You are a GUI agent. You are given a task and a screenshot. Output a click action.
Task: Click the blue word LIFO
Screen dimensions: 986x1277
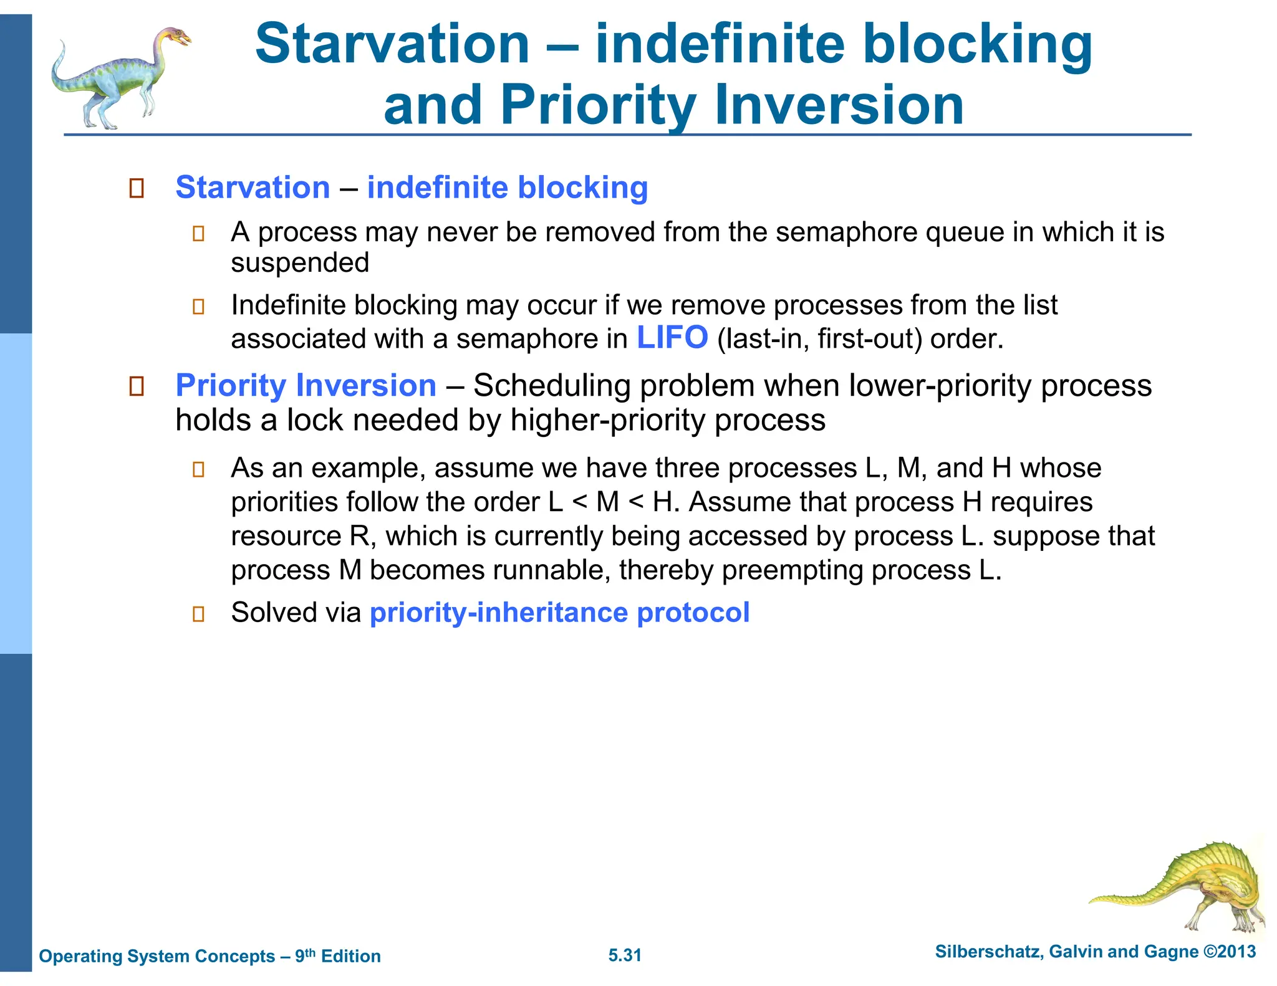point(672,338)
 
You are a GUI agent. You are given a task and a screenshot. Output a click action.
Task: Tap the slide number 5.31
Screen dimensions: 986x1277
point(625,955)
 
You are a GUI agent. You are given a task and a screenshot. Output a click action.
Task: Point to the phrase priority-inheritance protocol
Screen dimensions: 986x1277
point(559,613)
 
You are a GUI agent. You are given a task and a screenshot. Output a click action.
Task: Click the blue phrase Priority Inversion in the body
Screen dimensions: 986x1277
point(306,385)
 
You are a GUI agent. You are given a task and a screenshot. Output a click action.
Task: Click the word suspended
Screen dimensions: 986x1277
point(300,262)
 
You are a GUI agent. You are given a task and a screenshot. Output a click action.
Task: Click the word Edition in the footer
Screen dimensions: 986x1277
point(350,956)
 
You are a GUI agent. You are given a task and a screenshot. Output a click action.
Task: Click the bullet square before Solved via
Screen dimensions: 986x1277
point(198,614)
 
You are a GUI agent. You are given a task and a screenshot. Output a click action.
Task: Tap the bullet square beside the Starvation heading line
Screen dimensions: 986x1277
point(137,188)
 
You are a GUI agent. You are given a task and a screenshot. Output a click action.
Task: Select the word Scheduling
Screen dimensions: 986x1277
point(552,385)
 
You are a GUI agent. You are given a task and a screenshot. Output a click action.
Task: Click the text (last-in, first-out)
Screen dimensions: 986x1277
point(819,339)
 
